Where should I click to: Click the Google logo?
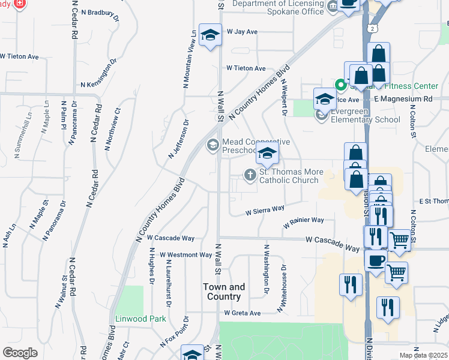click(20, 353)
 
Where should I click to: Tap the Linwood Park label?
click(141, 319)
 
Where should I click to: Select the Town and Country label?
click(224, 292)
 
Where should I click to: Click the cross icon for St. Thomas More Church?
click(250, 175)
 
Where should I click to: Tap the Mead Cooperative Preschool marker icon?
click(212, 145)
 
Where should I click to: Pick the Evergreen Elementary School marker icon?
click(323, 114)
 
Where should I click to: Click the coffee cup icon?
click(376, 260)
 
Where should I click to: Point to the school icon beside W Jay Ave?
click(210, 36)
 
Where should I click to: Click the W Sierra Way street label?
click(265, 211)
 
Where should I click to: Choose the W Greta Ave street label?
click(243, 313)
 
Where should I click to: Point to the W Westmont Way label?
click(186, 255)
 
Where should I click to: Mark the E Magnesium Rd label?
click(403, 98)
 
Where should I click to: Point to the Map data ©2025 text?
click(423, 355)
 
